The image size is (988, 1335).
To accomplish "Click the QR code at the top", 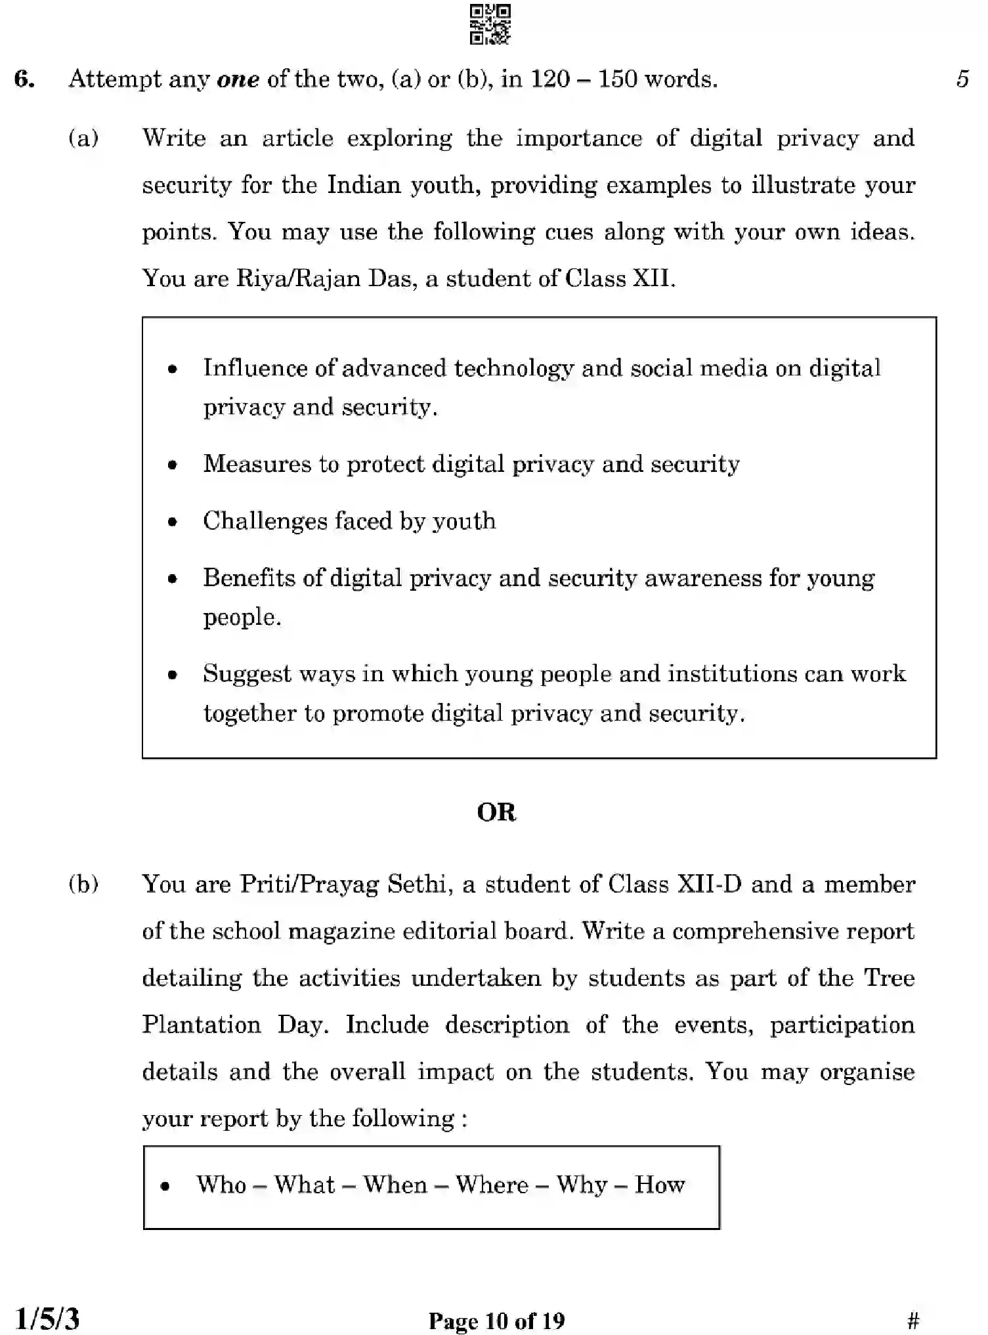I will click(x=490, y=25).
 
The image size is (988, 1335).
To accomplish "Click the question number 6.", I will click(x=24, y=79).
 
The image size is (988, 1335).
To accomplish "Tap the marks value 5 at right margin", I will click(x=962, y=79).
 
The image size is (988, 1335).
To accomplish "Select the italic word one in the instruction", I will click(x=238, y=79).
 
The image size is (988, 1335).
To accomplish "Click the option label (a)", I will click(x=83, y=138).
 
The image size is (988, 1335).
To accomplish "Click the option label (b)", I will click(x=83, y=885).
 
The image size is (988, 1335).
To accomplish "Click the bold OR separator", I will click(x=496, y=813).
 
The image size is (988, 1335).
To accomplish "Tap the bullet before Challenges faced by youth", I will click(x=173, y=522).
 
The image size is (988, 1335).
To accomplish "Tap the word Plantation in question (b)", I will click(x=202, y=1025).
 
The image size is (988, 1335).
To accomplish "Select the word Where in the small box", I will click(x=492, y=1185).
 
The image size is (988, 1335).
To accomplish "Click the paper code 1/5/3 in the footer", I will click(x=47, y=1319).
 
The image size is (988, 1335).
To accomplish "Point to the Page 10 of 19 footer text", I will click(x=496, y=1321).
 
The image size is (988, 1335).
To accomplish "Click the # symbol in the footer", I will click(x=913, y=1320).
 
